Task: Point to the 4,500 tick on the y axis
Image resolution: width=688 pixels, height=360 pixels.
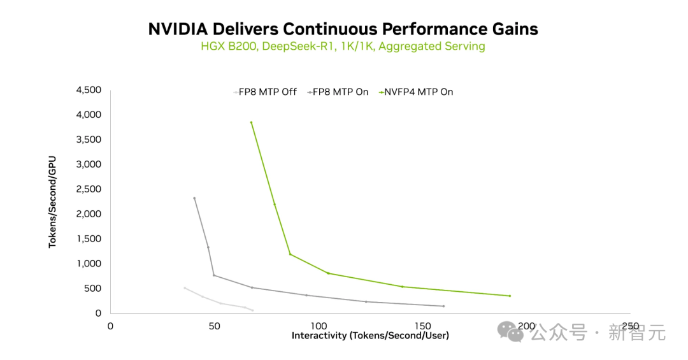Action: point(89,90)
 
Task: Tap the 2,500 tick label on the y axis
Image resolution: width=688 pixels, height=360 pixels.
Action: point(89,189)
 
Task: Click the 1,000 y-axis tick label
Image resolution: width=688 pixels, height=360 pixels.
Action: point(89,264)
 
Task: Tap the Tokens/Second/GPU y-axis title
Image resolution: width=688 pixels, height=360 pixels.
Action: point(53,201)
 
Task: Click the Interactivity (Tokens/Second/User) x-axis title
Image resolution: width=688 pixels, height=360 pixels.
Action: point(370,335)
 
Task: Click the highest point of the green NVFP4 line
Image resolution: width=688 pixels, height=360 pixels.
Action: point(251,122)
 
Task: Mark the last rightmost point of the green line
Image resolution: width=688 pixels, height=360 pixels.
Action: point(510,296)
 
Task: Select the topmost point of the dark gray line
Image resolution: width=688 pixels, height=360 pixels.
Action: point(194,198)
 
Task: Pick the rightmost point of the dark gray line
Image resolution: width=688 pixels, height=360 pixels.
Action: point(443,306)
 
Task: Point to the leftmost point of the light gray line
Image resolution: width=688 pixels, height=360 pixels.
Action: point(184,288)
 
